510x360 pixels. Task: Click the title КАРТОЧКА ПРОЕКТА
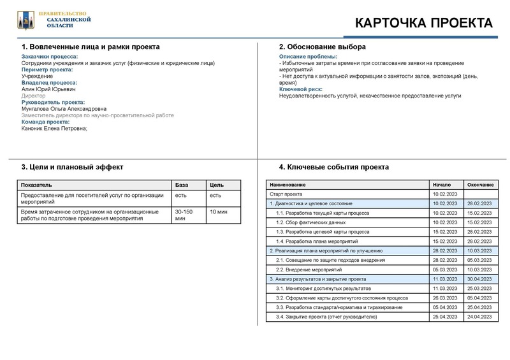(x=423, y=24)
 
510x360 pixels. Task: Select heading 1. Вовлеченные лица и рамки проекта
(x=91, y=47)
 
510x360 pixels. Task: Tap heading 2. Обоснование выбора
(x=323, y=47)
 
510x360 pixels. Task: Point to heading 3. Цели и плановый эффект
(x=72, y=167)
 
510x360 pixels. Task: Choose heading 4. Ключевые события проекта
(x=334, y=167)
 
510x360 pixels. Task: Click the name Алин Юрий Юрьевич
(x=48, y=89)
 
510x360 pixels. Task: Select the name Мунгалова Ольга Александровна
(x=64, y=109)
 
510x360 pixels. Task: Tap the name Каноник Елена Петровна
(x=54, y=128)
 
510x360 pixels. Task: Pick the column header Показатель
(x=36, y=185)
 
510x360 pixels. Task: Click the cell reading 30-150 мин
(x=185, y=215)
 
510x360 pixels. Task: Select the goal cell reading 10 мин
(x=219, y=212)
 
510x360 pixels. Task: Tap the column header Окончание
(x=479, y=184)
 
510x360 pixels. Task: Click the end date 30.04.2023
(x=479, y=279)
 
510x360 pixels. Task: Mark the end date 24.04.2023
(x=479, y=317)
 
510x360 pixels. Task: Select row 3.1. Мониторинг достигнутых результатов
(x=325, y=289)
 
